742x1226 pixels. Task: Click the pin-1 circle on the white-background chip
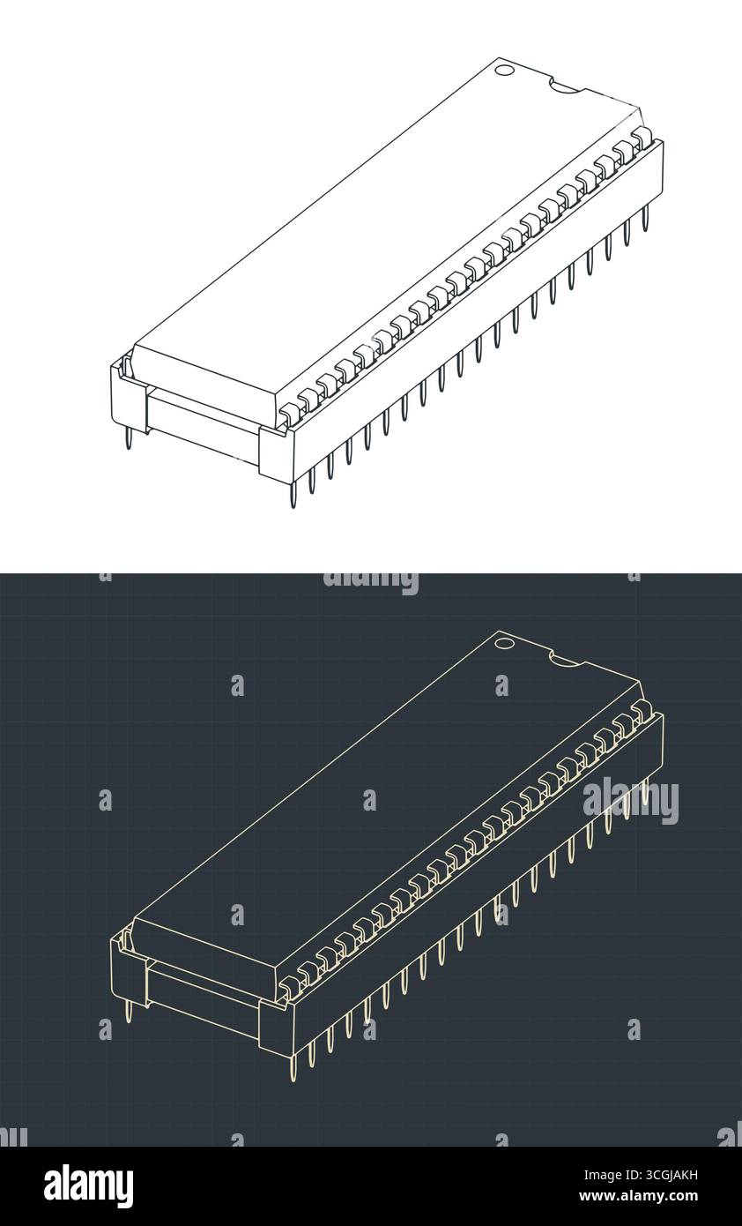click(504, 70)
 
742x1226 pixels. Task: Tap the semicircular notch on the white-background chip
click(564, 86)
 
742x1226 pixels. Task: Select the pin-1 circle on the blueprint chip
click(504, 643)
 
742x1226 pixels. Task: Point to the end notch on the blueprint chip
click(564, 659)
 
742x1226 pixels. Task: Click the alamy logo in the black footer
click(88, 1186)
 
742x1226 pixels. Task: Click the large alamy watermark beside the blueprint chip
click(630, 800)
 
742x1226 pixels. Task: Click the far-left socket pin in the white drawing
click(130, 437)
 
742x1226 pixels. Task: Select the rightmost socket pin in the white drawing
click(645, 218)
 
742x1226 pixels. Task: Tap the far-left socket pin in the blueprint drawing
click(130, 1011)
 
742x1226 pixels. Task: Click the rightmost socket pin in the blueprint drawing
click(645, 791)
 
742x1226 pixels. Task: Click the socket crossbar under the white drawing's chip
click(203, 422)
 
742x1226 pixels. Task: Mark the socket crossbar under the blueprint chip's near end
click(203, 995)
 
